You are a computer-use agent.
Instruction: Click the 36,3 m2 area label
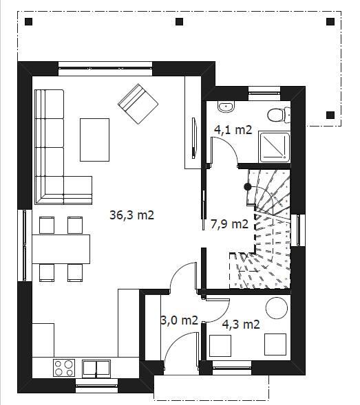[x=132, y=215]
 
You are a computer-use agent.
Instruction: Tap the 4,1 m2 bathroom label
[x=233, y=129]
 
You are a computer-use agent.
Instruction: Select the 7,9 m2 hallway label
[x=229, y=224]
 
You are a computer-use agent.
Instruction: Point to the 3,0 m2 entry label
[x=180, y=320]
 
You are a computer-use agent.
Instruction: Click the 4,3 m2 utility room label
[x=241, y=325]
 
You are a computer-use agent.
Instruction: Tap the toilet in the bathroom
[x=279, y=115]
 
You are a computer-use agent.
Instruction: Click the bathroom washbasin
[x=226, y=107]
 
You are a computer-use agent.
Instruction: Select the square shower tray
[x=275, y=147]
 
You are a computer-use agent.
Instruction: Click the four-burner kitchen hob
[x=64, y=368]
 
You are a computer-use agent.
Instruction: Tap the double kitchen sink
[x=96, y=369]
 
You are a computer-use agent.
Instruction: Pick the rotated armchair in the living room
[x=138, y=104]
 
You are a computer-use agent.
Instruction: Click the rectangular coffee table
[x=95, y=140]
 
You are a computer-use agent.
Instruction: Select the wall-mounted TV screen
[x=194, y=138]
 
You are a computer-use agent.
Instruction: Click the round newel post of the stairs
[x=248, y=187]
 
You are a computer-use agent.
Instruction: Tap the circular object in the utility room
[x=277, y=308]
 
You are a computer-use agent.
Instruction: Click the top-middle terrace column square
[x=179, y=22]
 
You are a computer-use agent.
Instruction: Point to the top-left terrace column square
[x=29, y=22]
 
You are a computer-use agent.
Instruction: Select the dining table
[x=61, y=249]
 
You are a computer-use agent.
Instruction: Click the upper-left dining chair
[x=47, y=225]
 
